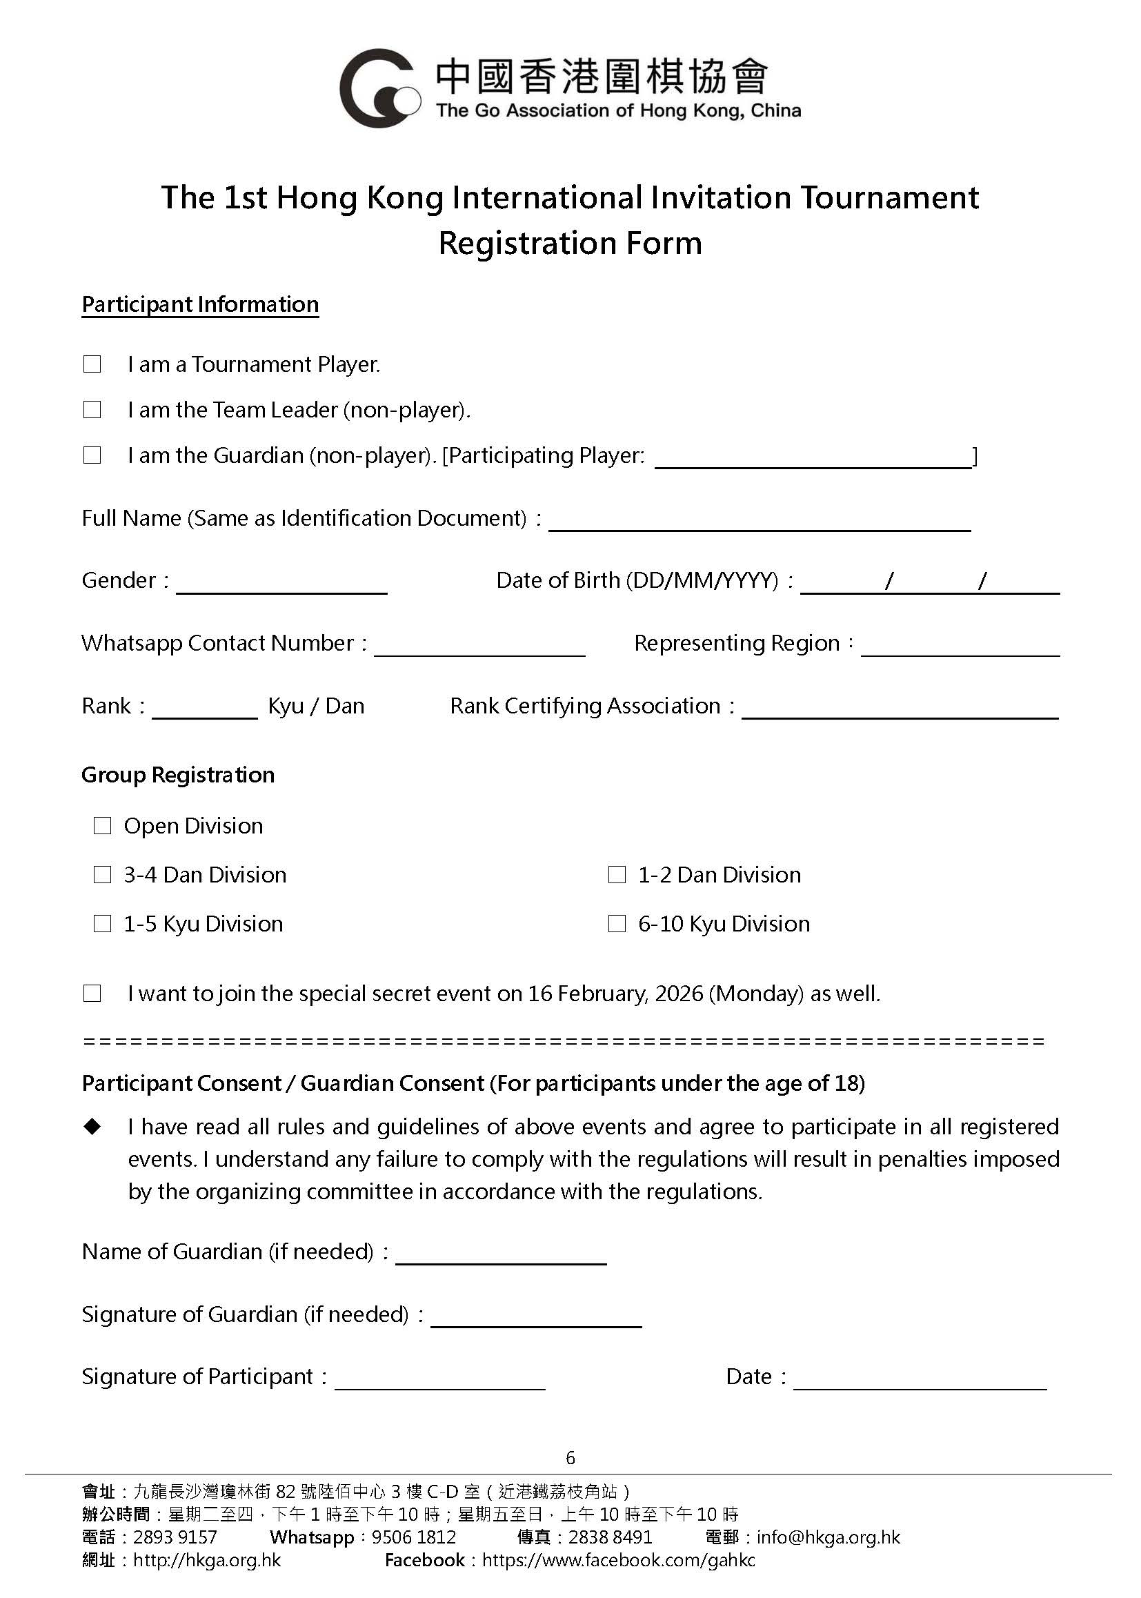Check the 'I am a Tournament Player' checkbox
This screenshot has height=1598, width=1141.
click(92, 364)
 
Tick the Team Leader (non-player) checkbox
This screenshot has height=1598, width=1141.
click(92, 410)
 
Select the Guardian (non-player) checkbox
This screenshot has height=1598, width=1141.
click(92, 455)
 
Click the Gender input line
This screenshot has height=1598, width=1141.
click(281, 584)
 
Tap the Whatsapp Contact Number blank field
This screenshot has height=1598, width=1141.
click(479, 647)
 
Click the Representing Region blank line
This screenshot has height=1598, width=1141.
click(960, 647)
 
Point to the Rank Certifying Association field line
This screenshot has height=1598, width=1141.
click(900, 709)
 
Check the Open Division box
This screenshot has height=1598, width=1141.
click(103, 826)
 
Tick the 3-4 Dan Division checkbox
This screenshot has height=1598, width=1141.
click(103, 875)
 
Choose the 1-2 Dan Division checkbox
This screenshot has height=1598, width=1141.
click(617, 875)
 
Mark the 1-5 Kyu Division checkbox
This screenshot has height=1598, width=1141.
click(103, 924)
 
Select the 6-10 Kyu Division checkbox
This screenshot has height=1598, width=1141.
click(617, 924)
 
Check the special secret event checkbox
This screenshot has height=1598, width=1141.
click(92, 994)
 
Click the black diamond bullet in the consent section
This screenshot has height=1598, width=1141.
click(92, 1127)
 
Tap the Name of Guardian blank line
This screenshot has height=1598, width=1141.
click(501, 1255)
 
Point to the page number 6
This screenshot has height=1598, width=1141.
click(570, 1458)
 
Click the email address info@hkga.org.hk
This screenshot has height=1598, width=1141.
click(829, 1537)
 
